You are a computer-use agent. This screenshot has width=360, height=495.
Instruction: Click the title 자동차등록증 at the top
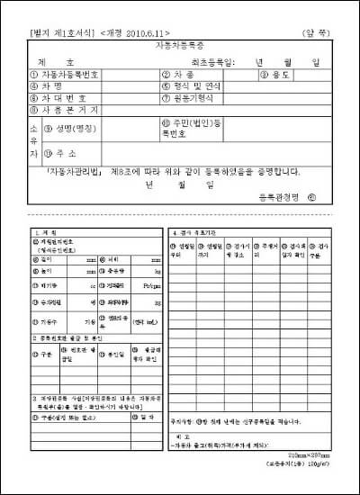pos(180,44)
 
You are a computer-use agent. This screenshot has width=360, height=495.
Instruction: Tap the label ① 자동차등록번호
pos(64,75)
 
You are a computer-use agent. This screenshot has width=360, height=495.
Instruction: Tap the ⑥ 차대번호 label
pos(58,98)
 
